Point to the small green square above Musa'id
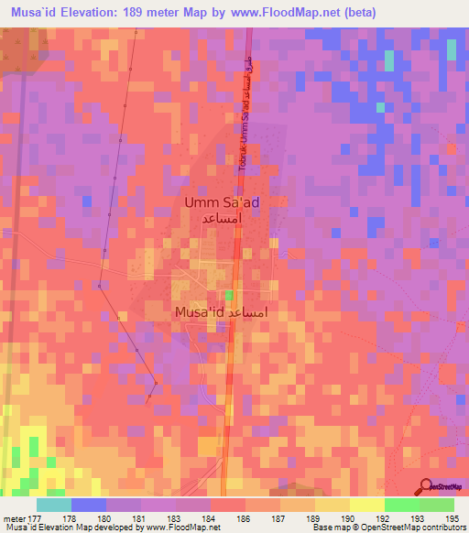click(229, 296)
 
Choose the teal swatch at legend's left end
click(54, 505)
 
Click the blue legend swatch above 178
click(89, 505)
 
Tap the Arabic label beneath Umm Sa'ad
click(224, 221)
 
